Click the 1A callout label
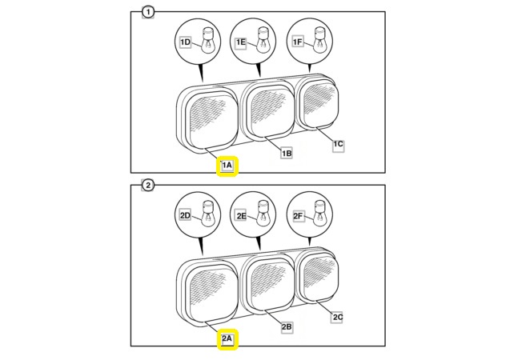pos(227,166)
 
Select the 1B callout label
pos(286,152)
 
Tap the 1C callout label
pos(338,143)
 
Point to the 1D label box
pos(185,42)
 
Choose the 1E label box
pos(241,42)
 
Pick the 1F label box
pos(297,42)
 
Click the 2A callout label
pos(227,339)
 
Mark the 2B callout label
pos(286,326)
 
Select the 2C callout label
pos(338,317)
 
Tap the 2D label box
pos(184,215)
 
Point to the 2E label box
pos(241,215)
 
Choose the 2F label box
pos(297,215)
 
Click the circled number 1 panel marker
pos(147,11)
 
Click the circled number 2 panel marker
pos(147,186)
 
